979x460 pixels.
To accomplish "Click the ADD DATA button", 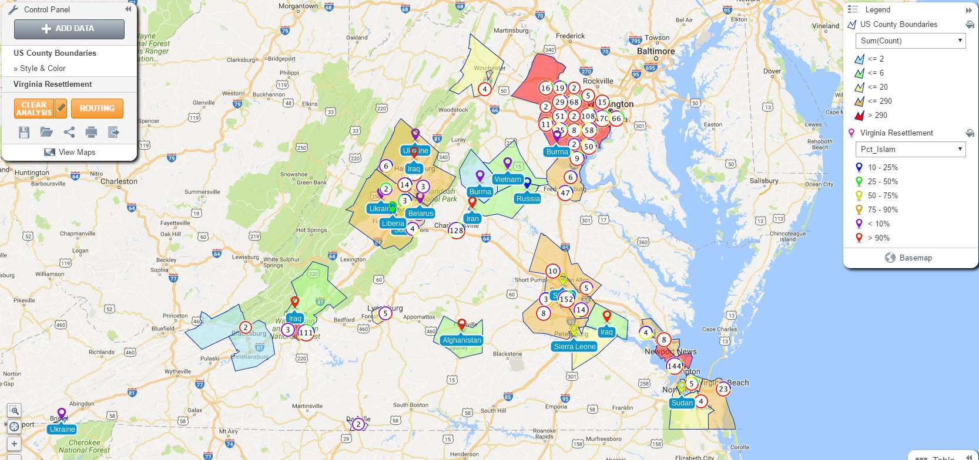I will pyautogui.click(x=69, y=29).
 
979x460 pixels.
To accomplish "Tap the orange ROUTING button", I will pyautogui.click(x=97, y=109).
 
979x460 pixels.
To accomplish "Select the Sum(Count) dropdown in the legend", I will pyautogui.click(x=911, y=41).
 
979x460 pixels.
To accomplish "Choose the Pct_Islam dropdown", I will pyautogui.click(x=911, y=150).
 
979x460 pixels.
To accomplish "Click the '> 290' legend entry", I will pyautogui.click(x=877, y=116).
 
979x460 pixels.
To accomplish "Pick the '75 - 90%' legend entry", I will pyautogui.click(x=883, y=210).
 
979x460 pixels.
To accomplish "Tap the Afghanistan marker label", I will pyautogui.click(x=462, y=340).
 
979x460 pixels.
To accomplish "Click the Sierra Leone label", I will pyautogui.click(x=575, y=347).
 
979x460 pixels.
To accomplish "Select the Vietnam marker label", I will pyautogui.click(x=507, y=180).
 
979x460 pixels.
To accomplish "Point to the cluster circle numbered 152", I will pyautogui.click(x=566, y=299).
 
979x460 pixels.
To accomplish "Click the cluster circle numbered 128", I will pyautogui.click(x=457, y=231).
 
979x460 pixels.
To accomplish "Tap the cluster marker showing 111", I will pyautogui.click(x=306, y=333).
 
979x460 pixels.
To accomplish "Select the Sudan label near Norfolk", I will pyautogui.click(x=682, y=403).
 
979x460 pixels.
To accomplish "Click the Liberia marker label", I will pyautogui.click(x=393, y=224).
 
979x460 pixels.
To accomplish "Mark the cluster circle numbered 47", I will pyautogui.click(x=565, y=192).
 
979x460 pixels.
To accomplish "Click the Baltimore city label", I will pyautogui.click(x=656, y=52).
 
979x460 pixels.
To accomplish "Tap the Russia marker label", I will pyautogui.click(x=528, y=199).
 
